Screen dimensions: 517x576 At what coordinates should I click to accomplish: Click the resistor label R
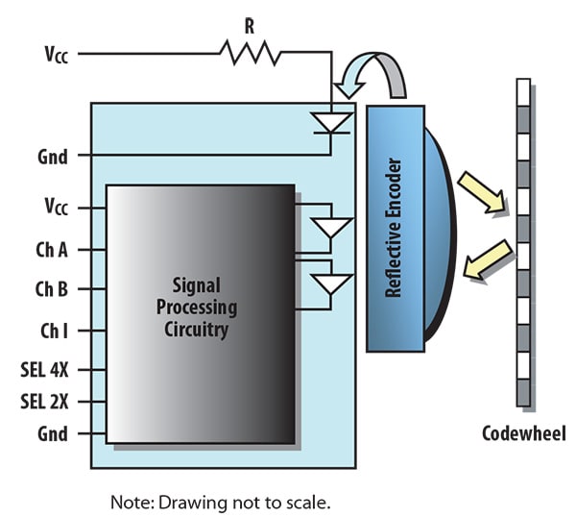tap(249, 27)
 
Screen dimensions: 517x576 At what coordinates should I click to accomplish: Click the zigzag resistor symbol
tap(250, 53)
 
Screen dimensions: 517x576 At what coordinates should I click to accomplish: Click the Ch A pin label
tap(53, 250)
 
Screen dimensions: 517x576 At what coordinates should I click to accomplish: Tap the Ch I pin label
tap(54, 331)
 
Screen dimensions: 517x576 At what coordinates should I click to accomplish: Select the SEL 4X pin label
tap(47, 370)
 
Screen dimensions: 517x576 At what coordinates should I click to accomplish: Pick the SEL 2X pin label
tap(47, 401)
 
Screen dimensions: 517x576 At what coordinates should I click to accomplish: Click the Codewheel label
tap(524, 433)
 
